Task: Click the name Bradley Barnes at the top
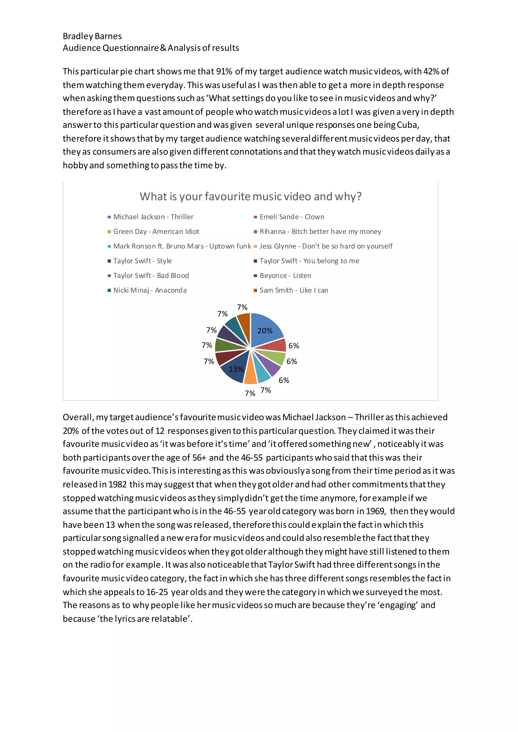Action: (x=92, y=36)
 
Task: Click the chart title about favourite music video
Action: (x=250, y=196)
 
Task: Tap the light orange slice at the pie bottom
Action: (x=250, y=376)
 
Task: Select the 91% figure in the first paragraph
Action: (x=224, y=72)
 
